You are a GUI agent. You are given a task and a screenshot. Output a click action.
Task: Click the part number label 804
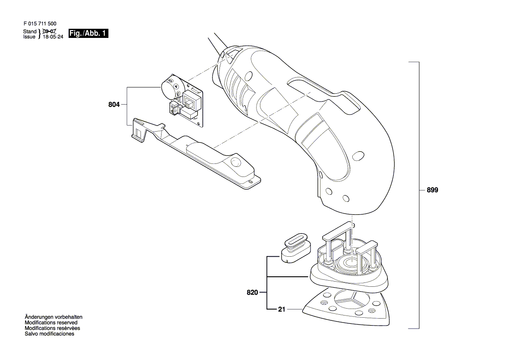point(114,105)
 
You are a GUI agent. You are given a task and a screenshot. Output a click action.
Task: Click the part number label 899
point(432,190)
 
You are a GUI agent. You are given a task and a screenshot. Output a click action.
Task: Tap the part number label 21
point(281,310)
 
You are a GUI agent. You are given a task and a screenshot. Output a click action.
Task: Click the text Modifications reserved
point(50,323)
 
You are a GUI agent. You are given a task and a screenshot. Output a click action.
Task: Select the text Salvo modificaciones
point(49,334)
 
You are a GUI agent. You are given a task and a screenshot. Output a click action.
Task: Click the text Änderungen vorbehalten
point(54,317)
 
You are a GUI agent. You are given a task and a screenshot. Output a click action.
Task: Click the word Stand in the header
point(30,31)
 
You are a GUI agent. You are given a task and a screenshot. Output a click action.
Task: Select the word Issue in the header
point(30,37)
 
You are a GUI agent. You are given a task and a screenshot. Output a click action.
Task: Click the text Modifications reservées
point(52,328)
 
